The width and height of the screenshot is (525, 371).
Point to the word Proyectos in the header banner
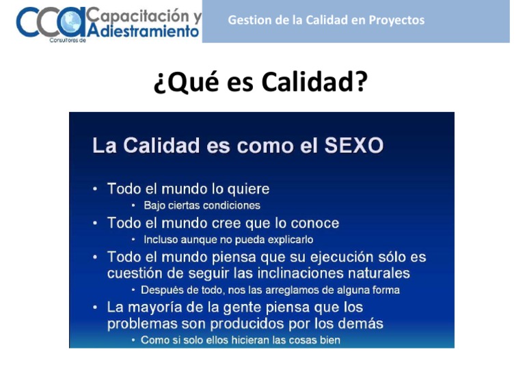(x=396, y=20)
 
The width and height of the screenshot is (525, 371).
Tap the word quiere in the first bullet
(x=247, y=189)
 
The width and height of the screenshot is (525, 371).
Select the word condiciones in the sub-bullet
(x=230, y=205)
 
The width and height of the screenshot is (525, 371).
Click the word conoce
(x=314, y=223)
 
